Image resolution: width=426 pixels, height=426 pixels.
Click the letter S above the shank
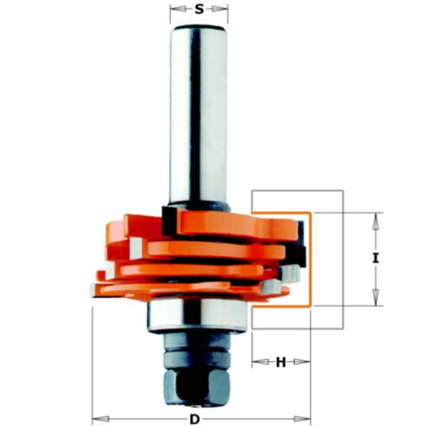pos(199,10)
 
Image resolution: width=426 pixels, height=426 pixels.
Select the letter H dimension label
pos(280,362)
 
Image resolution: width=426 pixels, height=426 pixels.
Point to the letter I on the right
pos(376,259)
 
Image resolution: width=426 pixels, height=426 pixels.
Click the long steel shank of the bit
pos(199,111)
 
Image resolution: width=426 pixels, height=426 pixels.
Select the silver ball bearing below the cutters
pos(197,314)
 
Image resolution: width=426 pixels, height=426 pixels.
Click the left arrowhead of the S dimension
pos(175,10)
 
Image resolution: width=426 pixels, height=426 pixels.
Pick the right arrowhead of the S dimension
pos(223,10)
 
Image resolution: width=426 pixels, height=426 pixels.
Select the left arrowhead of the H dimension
pos(256,362)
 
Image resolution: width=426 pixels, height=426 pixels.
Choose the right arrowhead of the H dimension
pos(305,362)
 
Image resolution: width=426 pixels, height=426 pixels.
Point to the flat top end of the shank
pos(199,27)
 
